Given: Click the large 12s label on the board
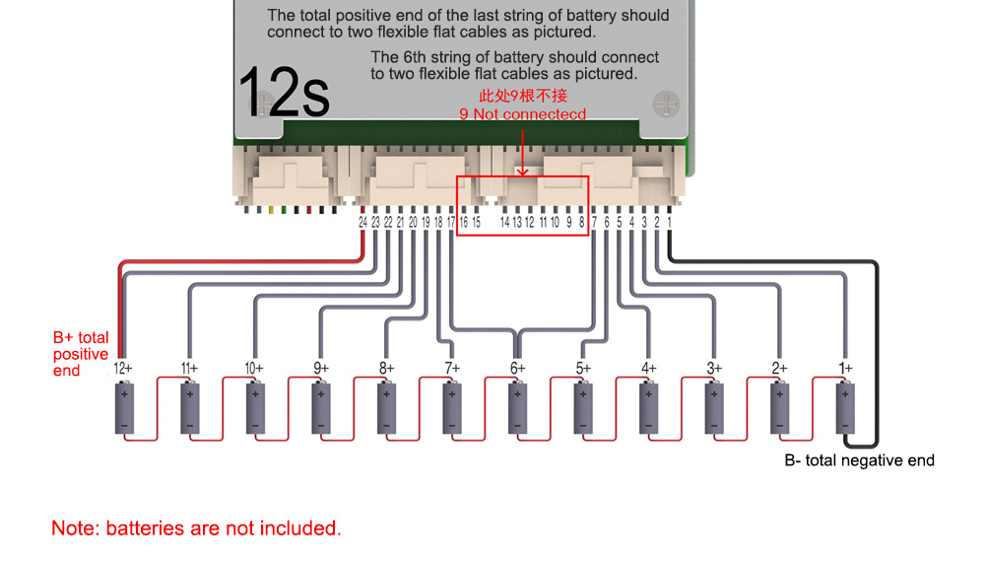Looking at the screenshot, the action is point(284,93).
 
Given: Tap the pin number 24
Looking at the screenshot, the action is point(362,223).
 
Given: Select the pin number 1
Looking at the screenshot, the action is point(669,223).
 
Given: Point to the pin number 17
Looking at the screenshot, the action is point(450,223).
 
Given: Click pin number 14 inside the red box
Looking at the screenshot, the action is point(504,223).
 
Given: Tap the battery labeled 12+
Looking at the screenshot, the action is point(124,407).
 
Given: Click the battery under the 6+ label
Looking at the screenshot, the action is point(518,407).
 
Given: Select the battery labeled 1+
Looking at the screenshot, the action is point(845,407).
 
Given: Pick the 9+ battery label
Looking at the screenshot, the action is point(320,368).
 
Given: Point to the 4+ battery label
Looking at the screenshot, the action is point(648,368).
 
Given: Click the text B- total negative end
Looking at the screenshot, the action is point(859,460).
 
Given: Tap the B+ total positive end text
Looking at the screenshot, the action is point(81,354).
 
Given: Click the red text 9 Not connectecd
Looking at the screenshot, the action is point(523,114).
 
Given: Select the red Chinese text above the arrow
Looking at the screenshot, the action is point(523,96).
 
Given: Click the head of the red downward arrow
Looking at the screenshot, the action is point(522,171).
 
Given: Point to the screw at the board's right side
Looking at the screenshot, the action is point(666,104).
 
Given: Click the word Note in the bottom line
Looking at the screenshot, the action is point(74,528).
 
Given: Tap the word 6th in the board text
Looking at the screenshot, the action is point(415,57).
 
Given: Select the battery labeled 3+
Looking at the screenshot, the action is point(714,407).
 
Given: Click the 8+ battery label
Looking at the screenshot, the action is point(386,368).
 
